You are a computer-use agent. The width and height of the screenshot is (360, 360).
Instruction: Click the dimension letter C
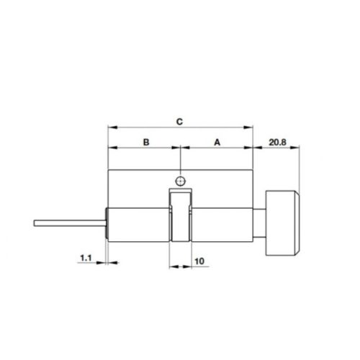[x=180, y=122]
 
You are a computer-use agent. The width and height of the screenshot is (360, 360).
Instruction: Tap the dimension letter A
[x=217, y=143]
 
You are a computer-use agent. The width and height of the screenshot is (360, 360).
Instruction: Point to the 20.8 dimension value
[x=278, y=143]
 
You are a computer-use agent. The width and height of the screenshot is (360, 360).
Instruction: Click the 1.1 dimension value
[x=85, y=256]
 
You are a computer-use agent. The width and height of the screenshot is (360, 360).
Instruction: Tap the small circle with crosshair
[x=181, y=180]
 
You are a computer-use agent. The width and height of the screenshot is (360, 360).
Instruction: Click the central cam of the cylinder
[x=181, y=216]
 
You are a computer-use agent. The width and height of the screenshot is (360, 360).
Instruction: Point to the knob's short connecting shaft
[x=261, y=222]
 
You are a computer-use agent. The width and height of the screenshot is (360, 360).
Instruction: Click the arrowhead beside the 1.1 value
[x=102, y=263]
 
